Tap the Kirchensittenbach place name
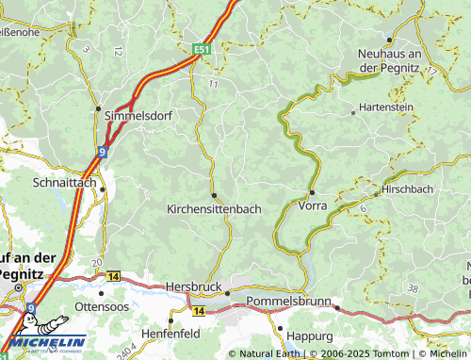(214, 208)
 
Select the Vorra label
(313, 205)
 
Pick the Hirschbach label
(409, 189)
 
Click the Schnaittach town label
(64, 181)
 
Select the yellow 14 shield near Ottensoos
(114, 276)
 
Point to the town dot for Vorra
(312, 191)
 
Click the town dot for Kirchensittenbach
(215, 195)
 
